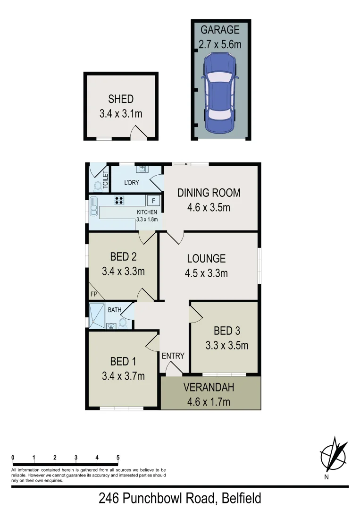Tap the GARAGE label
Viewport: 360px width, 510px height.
220,30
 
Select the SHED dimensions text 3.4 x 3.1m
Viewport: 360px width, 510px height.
121,114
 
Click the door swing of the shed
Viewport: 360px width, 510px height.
140,133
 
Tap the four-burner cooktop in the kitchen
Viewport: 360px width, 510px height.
119,200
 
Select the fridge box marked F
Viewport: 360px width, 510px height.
153,200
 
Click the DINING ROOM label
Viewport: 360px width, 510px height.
209,193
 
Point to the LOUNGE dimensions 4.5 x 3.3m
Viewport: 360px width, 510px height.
207,273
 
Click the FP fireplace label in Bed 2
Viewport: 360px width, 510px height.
93,294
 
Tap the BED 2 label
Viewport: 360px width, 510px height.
123,257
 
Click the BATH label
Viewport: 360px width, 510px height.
115,310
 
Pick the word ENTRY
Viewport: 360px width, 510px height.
173,356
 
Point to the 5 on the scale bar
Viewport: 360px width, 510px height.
118,457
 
